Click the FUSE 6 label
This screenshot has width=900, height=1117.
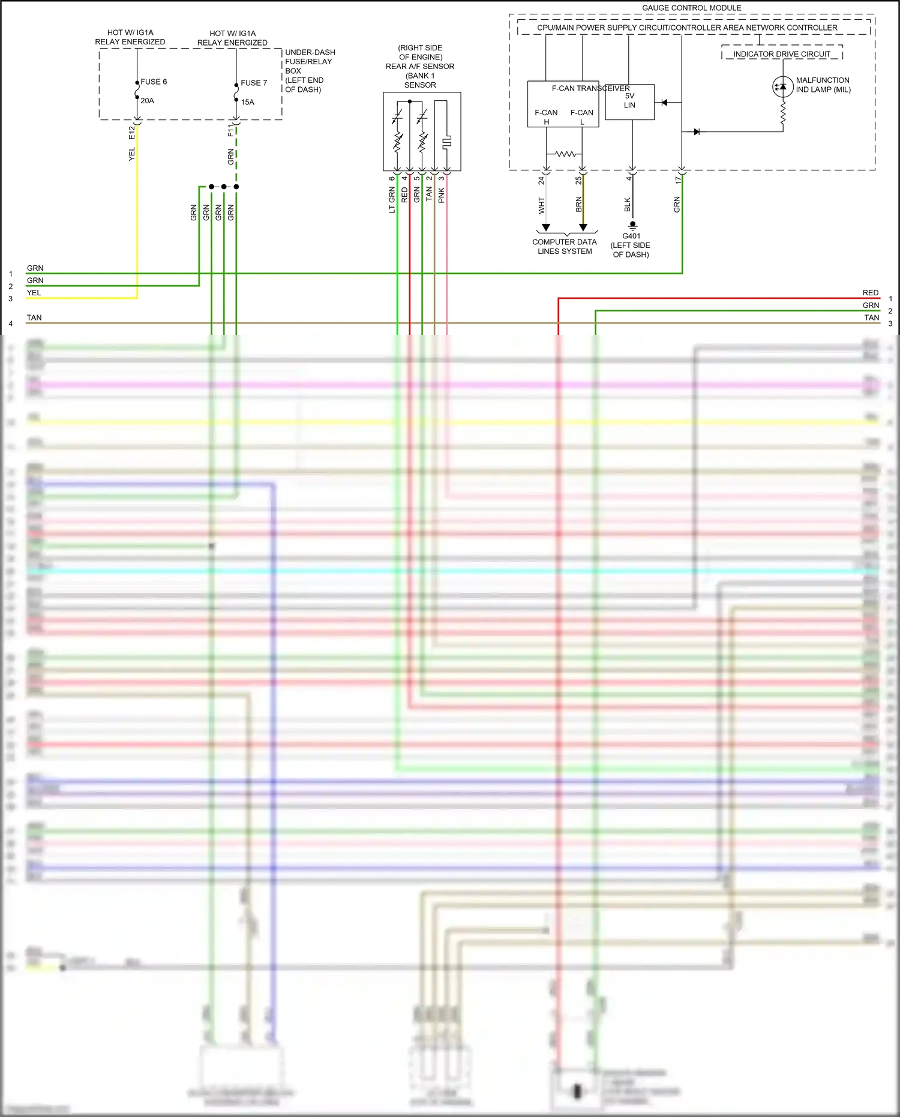coord(154,82)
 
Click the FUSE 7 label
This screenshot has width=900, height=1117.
coord(254,83)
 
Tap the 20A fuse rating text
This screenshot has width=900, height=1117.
coord(147,101)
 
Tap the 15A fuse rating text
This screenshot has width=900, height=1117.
coord(247,102)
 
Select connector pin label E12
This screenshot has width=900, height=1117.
coord(131,133)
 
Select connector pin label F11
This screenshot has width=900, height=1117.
coord(231,130)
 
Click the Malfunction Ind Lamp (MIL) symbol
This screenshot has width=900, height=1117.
coord(782,86)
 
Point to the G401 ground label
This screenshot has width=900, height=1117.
coord(631,236)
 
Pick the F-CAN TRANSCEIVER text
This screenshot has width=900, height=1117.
coord(590,88)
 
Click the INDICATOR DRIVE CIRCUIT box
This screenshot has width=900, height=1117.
coord(782,54)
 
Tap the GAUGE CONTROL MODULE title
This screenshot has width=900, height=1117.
coord(691,8)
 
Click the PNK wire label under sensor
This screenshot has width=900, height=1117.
coord(442,194)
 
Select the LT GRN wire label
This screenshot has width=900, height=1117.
coord(392,200)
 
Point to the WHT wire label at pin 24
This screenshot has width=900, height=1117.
coord(541,205)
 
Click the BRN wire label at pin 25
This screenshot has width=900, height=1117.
coord(579,204)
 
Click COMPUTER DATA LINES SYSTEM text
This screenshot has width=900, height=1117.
coord(565,247)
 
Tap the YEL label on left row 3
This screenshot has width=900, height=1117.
coord(34,293)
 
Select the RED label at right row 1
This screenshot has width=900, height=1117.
coord(870,293)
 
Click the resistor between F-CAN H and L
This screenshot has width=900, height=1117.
coord(565,154)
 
